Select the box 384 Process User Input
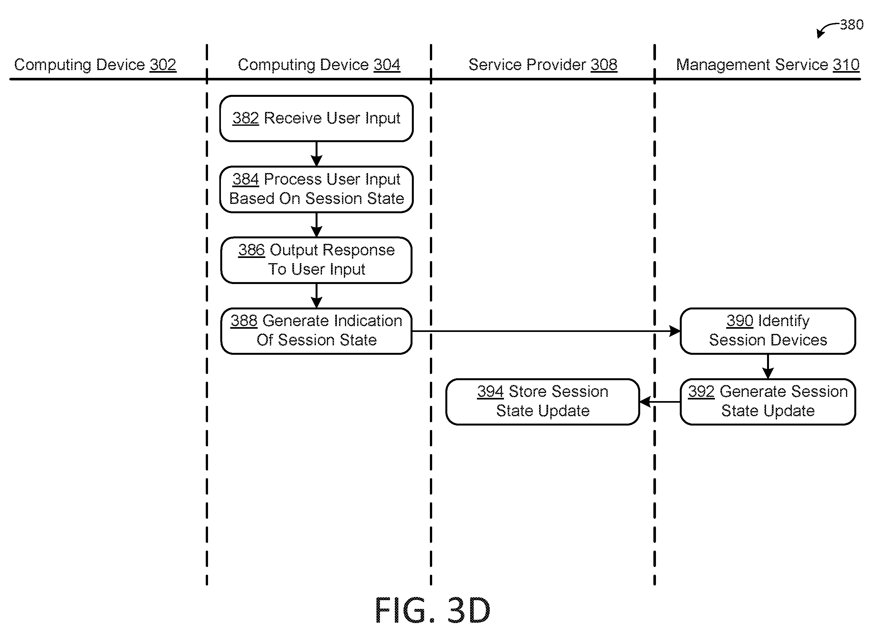coord(316,189)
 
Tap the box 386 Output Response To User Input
coord(316,260)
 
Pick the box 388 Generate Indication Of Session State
coord(316,331)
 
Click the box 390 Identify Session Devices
coord(768,331)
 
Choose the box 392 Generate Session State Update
coord(768,402)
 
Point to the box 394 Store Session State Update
coord(543,402)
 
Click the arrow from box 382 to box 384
coord(316,154)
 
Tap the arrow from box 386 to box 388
coord(316,296)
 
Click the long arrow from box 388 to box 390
coord(546,331)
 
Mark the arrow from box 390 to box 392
coord(768,366)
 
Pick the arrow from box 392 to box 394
coord(660,402)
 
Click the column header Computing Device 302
coord(95,65)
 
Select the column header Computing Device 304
coord(319,65)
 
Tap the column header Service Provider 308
coord(543,65)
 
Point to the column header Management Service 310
coord(768,65)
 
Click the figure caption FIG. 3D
coord(432,610)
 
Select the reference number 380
coord(852,25)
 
